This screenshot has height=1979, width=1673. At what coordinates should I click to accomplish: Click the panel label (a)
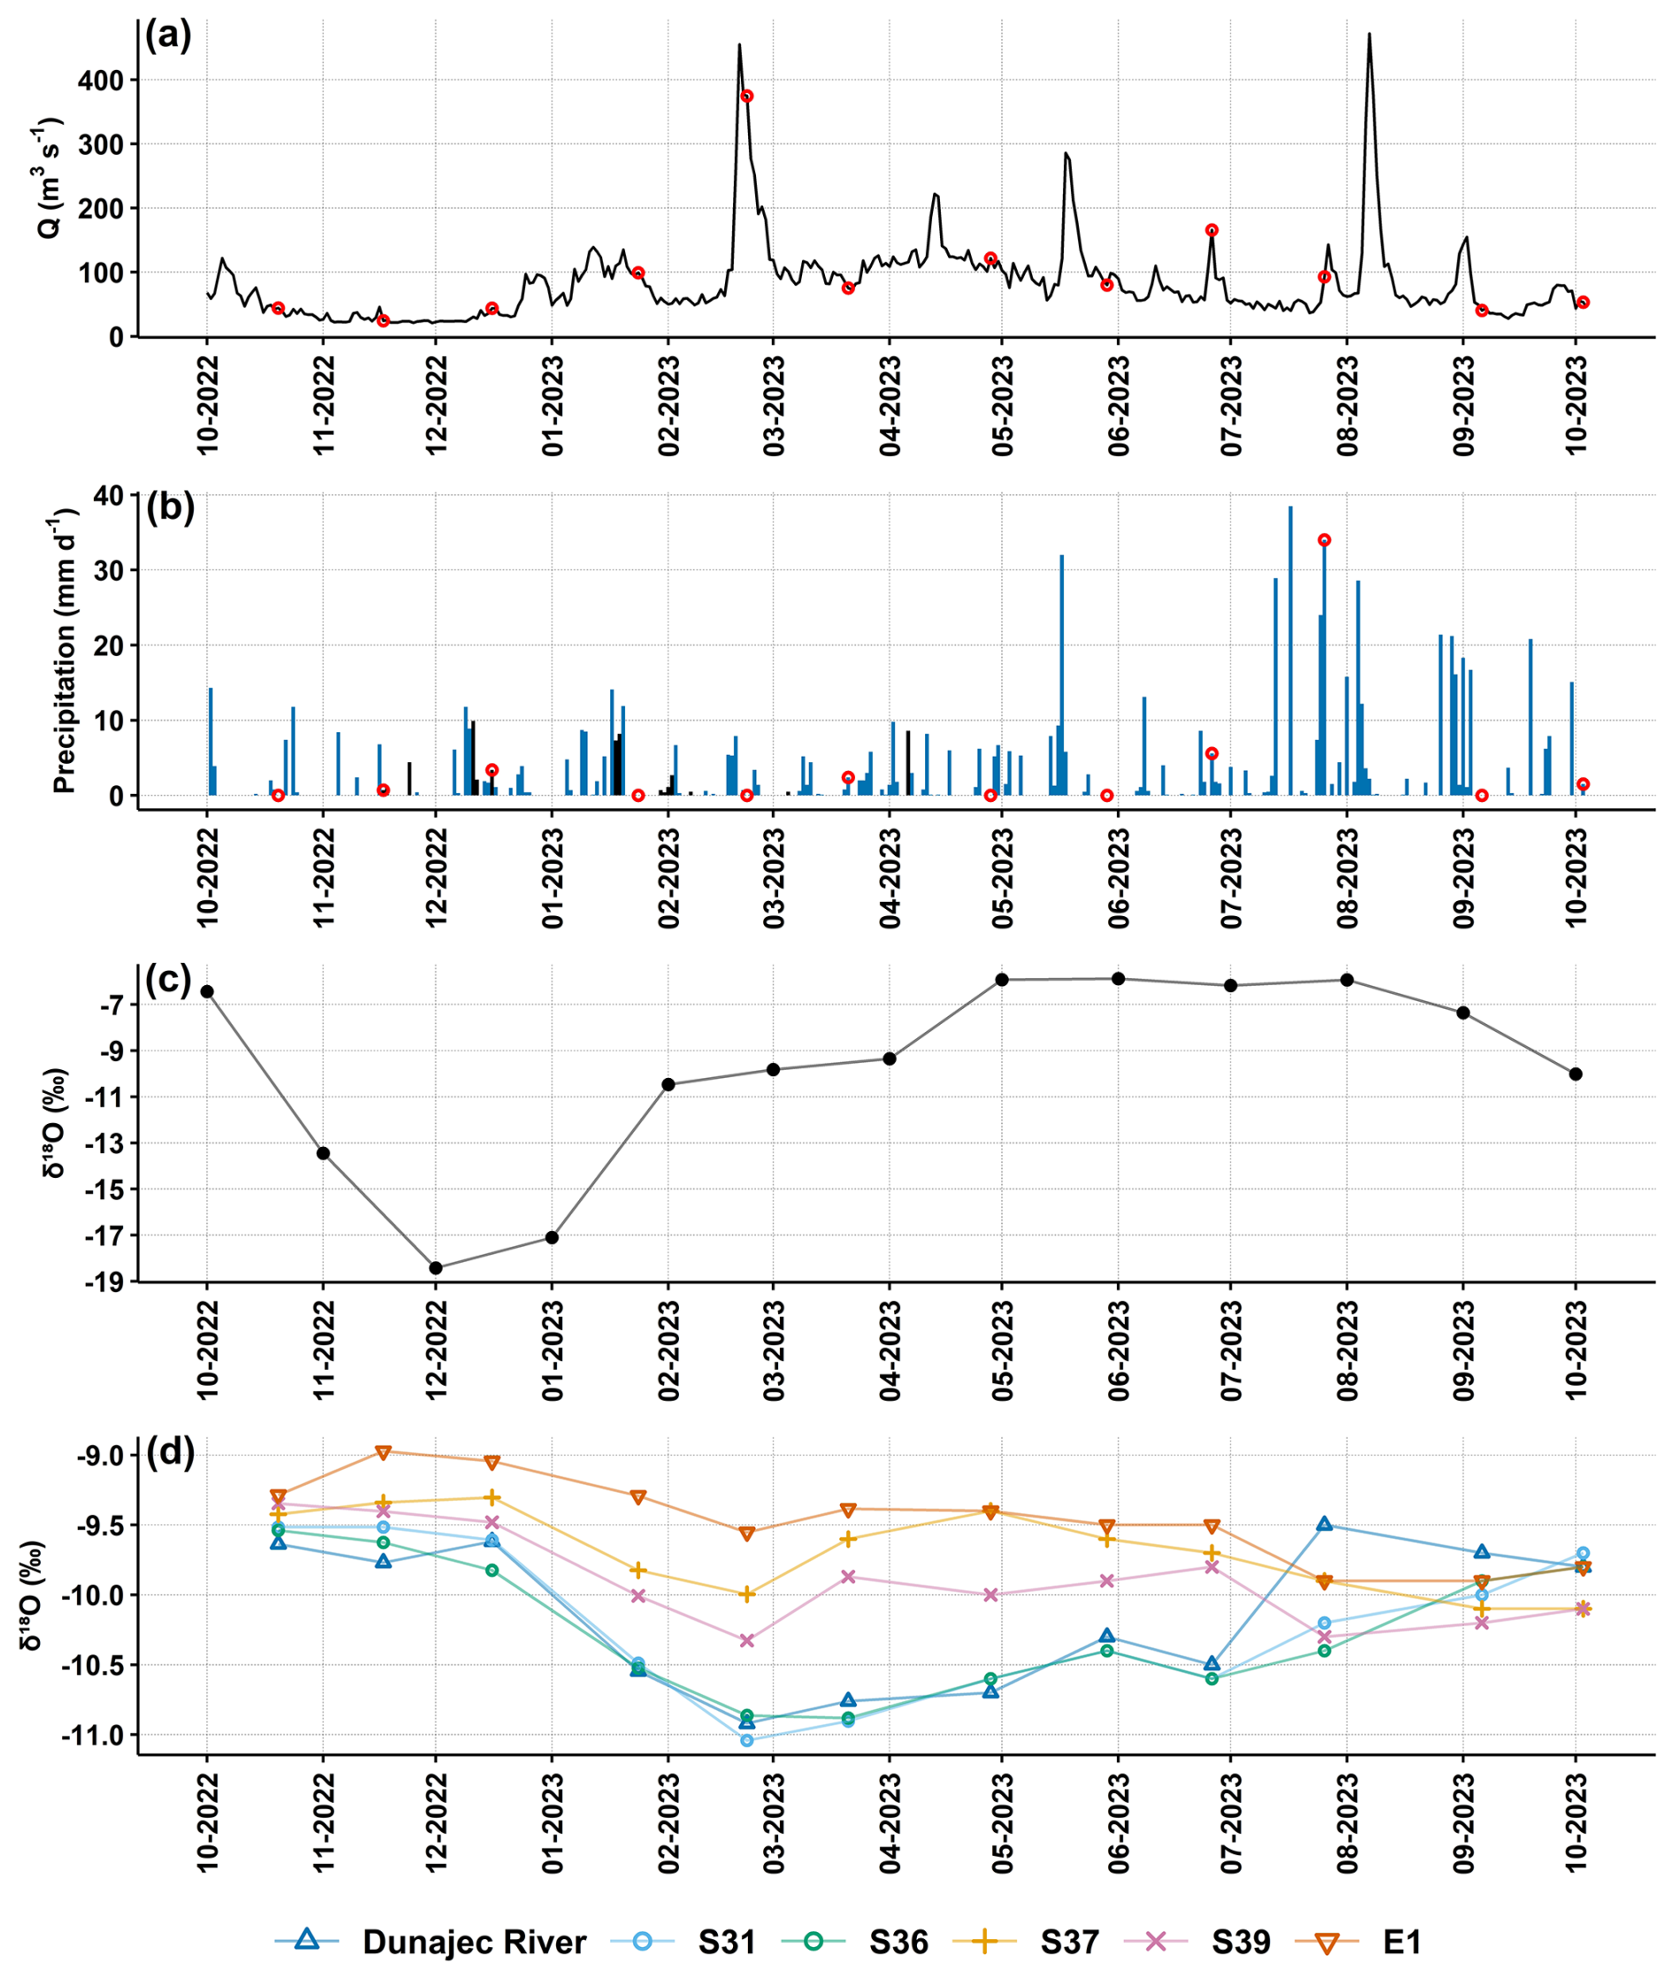(169, 36)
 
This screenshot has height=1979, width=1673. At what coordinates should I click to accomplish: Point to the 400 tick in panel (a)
(102, 80)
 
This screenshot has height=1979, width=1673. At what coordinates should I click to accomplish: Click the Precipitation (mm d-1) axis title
(65, 651)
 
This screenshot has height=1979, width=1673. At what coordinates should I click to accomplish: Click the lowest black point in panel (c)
(435, 1268)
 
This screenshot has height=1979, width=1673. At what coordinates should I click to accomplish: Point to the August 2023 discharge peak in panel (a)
(1369, 35)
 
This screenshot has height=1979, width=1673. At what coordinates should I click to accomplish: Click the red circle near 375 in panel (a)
(746, 96)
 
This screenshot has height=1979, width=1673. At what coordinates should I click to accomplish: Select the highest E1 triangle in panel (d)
(383, 1453)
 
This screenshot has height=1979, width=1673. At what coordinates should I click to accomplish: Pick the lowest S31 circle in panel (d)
(746, 1740)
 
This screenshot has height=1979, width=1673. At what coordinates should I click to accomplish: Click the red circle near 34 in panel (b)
(1324, 539)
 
